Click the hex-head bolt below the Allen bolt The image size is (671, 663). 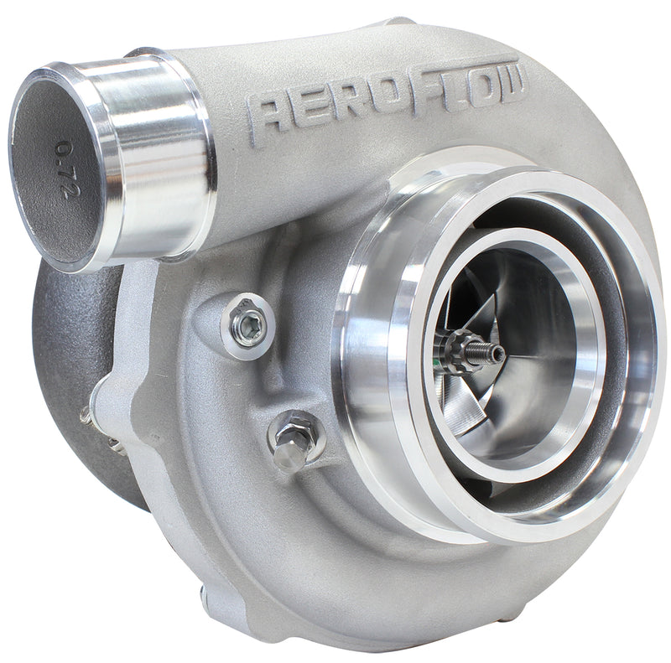(x=294, y=439)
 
